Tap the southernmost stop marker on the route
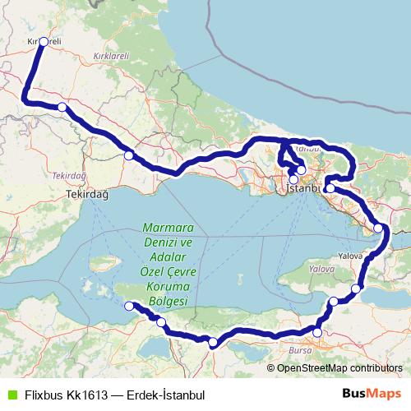tap(213, 342)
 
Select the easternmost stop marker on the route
tap(379, 228)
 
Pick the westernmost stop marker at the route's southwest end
tap(128, 307)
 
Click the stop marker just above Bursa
tap(317, 333)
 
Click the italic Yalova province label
tap(316, 269)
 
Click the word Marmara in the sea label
tap(167, 228)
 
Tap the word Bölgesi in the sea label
tap(167, 302)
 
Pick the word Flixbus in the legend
tap(44, 395)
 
